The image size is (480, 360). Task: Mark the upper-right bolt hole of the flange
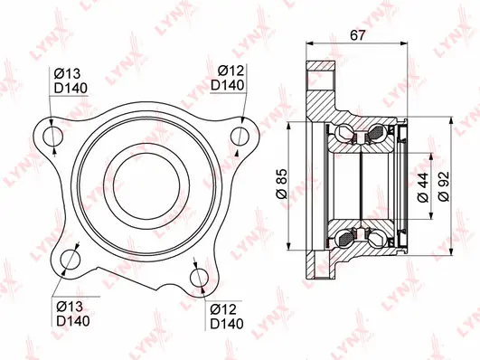coord(240,135)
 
